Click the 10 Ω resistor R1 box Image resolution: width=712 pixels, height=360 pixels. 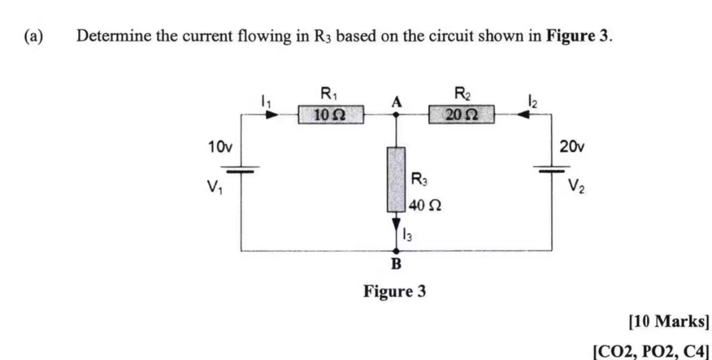[x=330, y=116]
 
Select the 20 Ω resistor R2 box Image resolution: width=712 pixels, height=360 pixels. [x=462, y=116]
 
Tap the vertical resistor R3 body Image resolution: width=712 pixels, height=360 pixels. [x=396, y=179]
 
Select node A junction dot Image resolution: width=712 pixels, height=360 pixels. [x=396, y=116]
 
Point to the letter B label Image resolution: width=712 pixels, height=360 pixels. [x=396, y=264]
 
